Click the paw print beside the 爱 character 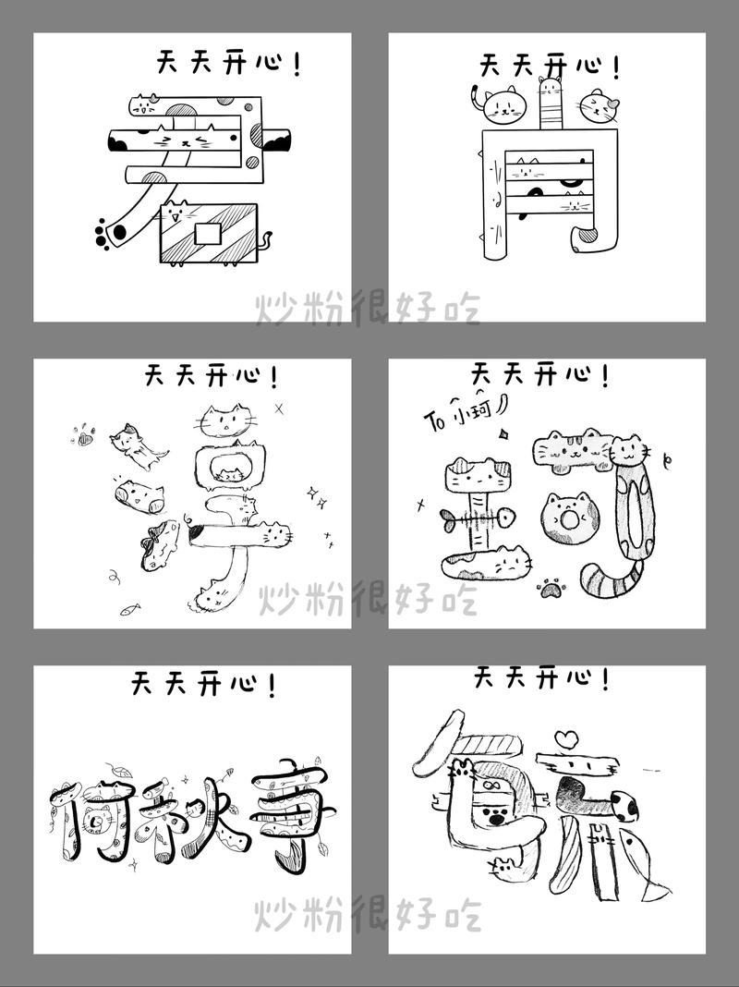pyautogui.click(x=109, y=232)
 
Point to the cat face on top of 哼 pyautogui.click(x=226, y=421)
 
